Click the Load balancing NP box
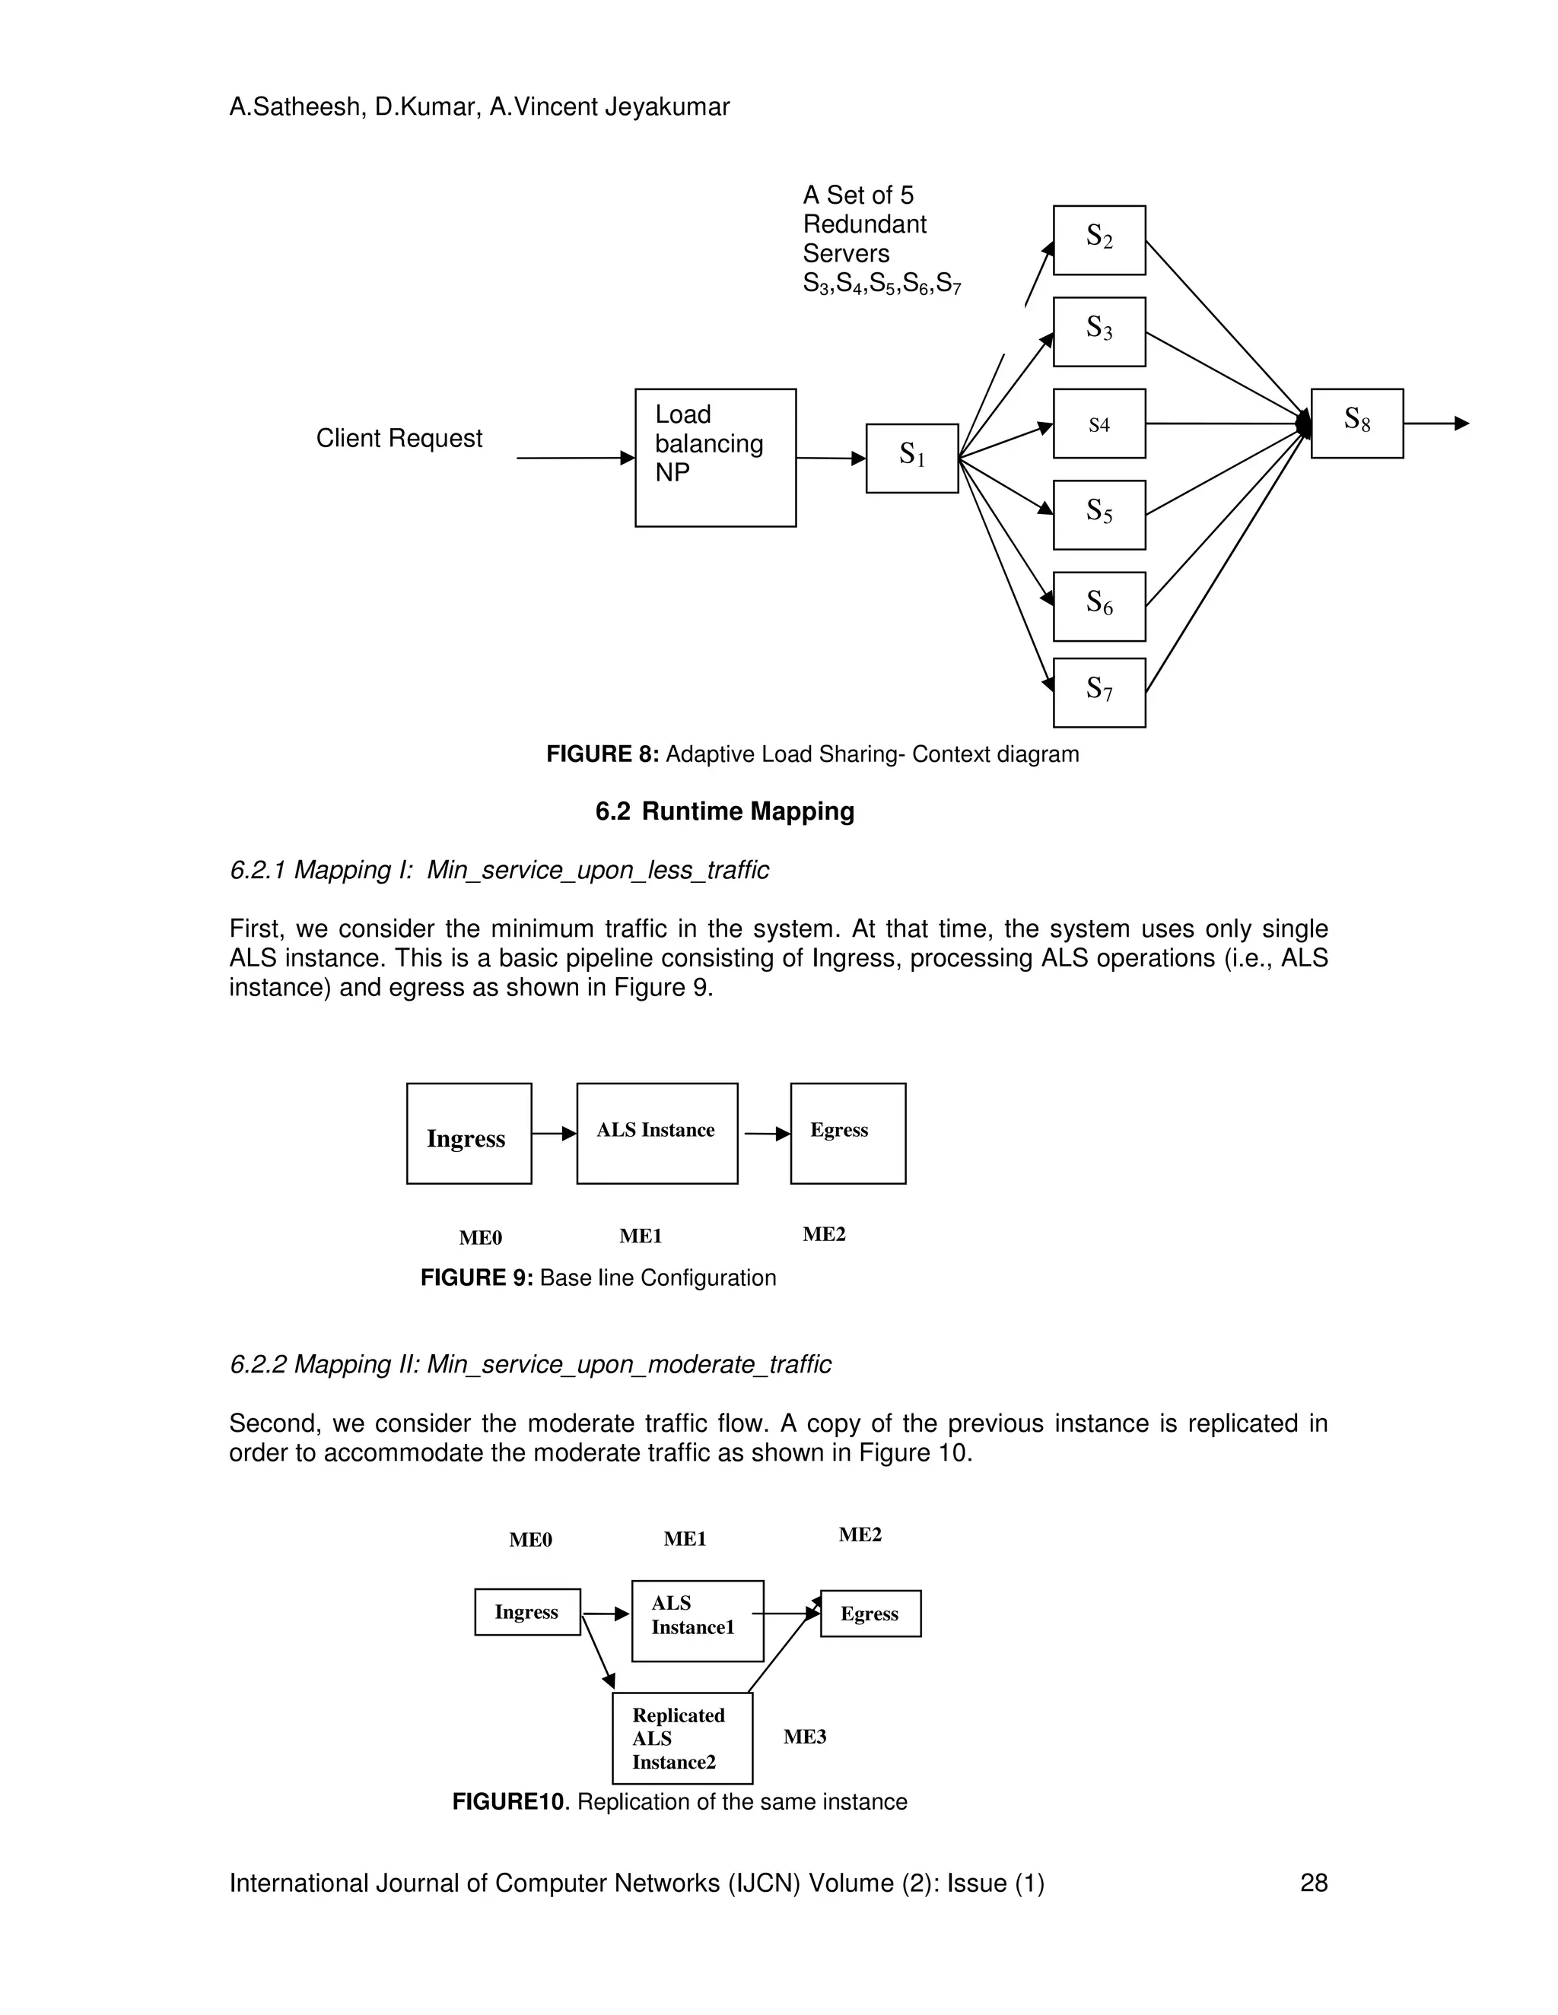point(715,457)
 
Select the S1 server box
point(912,458)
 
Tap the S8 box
point(1357,423)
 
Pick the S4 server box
point(1099,424)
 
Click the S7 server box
point(1099,692)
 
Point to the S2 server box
point(1099,240)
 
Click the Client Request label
point(399,438)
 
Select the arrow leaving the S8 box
point(1436,424)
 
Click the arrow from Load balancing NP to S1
point(831,458)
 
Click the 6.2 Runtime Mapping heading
point(724,811)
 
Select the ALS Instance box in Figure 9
point(657,1133)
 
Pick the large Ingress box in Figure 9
point(469,1133)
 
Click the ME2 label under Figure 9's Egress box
point(824,1234)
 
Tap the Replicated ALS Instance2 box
point(682,1738)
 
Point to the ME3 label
point(805,1737)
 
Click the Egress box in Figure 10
point(870,1614)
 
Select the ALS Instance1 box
point(697,1621)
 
